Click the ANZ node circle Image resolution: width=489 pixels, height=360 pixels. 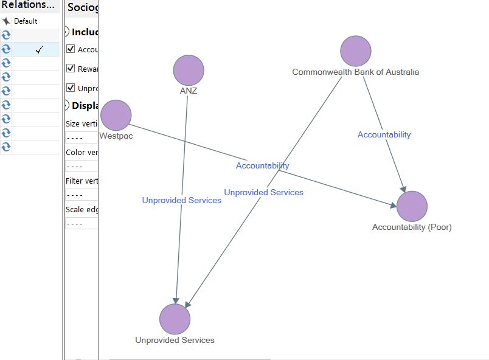pyautogui.click(x=189, y=70)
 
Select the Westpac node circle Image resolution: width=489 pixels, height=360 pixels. pyautogui.click(x=116, y=116)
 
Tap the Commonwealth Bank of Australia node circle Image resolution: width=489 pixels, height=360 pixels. pyautogui.click(x=356, y=51)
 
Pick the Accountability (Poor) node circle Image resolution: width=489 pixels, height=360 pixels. pyautogui.click(x=412, y=206)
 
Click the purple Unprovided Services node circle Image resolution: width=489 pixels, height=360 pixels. pyautogui.click(x=175, y=319)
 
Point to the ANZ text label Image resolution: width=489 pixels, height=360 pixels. pyautogui.click(x=189, y=91)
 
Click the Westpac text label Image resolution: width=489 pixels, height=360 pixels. pyautogui.click(x=116, y=136)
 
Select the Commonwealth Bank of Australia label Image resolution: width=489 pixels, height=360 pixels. pyautogui.click(x=355, y=72)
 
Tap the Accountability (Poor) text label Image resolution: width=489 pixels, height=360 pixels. pyautogui.click(x=412, y=227)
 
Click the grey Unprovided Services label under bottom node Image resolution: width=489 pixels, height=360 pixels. pyautogui.click(x=175, y=340)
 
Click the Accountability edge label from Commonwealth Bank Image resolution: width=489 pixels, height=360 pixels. pyautogui.click(x=384, y=134)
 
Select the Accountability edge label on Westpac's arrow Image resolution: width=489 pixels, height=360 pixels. pyautogui.click(x=263, y=165)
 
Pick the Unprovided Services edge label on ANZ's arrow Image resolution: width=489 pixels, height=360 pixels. pyautogui.click(x=182, y=200)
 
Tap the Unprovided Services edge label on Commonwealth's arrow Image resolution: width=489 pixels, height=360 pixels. pyautogui.click(x=263, y=192)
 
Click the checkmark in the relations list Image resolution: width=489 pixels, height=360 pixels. pyautogui.click(x=40, y=49)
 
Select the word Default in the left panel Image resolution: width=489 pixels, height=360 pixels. pyautogui.click(x=26, y=21)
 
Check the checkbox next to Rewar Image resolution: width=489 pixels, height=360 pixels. pyautogui.click(x=71, y=69)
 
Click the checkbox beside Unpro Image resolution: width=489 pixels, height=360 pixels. pyautogui.click(x=71, y=88)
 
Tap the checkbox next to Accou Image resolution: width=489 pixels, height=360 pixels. pyautogui.click(x=71, y=49)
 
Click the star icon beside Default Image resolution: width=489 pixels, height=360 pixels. pyautogui.click(x=6, y=21)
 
